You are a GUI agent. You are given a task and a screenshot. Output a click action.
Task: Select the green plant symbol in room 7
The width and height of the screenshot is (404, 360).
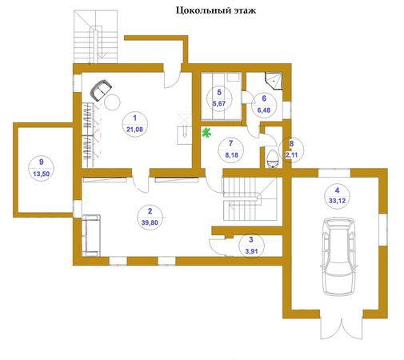[x=206, y=133]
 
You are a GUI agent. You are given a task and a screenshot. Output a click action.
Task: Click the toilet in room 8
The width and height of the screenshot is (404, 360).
[x=273, y=159]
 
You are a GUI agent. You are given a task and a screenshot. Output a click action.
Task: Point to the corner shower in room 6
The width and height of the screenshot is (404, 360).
[x=274, y=81]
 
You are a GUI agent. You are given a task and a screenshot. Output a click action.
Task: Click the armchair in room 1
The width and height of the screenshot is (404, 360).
[x=101, y=90]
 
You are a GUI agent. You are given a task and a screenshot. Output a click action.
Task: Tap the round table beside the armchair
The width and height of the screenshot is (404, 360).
[x=112, y=102]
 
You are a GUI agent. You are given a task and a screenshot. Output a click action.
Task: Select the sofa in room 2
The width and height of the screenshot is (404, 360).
[x=91, y=235]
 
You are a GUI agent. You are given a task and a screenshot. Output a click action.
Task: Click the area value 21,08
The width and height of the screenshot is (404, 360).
[x=134, y=130]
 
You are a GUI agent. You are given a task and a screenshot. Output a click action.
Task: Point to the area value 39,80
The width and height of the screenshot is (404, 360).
[x=150, y=222]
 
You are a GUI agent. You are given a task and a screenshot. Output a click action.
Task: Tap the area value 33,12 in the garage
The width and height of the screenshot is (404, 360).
[x=337, y=201]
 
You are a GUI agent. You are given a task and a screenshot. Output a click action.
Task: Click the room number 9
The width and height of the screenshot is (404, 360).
[x=41, y=162]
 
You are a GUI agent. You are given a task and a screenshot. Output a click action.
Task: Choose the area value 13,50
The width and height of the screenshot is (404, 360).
[x=41, y=174]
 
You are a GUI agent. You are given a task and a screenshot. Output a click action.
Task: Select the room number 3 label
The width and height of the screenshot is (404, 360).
[x=251, y=239]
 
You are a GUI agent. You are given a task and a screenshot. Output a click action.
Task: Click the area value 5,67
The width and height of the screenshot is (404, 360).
[x=219, y=103]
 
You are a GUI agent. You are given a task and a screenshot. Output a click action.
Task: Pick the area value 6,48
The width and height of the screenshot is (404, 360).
[x=264, y=110]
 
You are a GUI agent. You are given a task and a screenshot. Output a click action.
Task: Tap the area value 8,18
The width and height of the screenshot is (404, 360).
[x=231, y=154]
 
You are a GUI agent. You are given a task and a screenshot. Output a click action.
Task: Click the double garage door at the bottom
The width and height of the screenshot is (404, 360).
[x=342, y=328]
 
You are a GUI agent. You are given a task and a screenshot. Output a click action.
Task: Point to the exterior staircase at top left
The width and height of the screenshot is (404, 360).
[x=95, y=37]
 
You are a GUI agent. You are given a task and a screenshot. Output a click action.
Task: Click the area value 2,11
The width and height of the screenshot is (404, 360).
[x=291, y=154]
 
